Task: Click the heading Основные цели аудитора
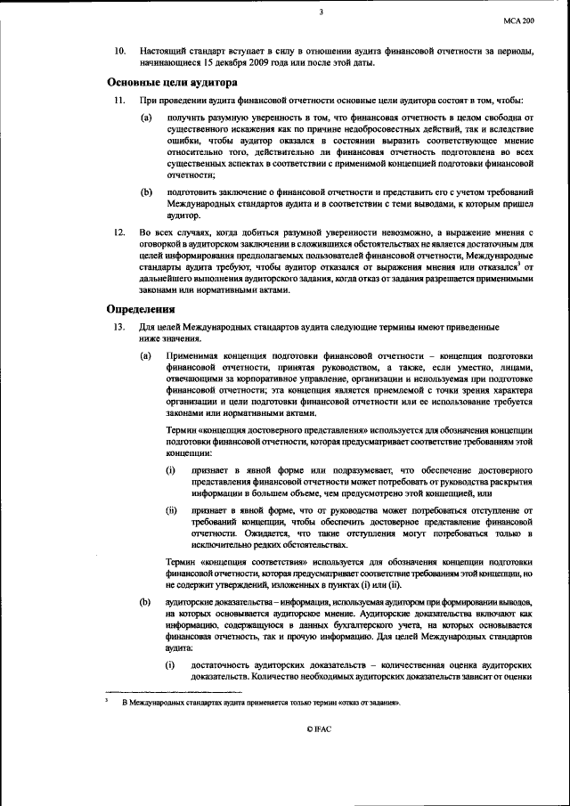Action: (172, 82)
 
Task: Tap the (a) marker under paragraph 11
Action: (146, 118)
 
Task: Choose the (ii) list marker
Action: (171, 510)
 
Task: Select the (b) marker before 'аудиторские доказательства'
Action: (146, 603)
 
